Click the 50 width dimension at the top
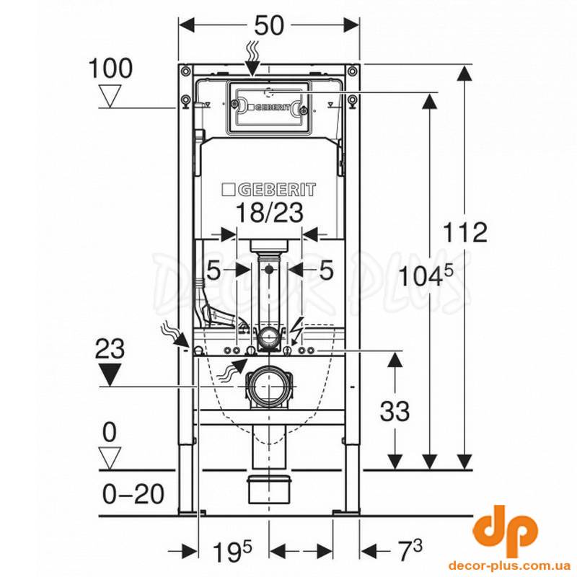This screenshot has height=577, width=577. click(x=270, y=26)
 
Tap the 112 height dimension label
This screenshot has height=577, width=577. click(x=464, y=232)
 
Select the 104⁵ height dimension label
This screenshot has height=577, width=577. click(x=426, y=276)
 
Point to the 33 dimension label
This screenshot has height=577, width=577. click(x=395, y=411)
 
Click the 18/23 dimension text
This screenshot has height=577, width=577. click(x=269, y=212)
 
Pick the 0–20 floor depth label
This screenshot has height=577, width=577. click(x=133, y=494)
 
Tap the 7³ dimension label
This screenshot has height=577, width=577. click(x=411, y=550)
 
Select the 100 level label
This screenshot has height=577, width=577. click(x=110, y=68)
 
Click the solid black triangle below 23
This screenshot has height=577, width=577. click(x=110, y=374)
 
